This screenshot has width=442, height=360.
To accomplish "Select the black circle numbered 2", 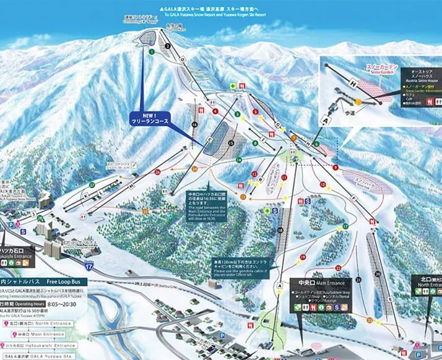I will pos(168,46).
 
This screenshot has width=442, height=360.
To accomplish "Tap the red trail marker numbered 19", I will pos(303,256).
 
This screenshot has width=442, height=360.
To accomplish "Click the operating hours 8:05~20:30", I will pos(62,305).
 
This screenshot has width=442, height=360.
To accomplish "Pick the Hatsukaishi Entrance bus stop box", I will pos(37,344).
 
